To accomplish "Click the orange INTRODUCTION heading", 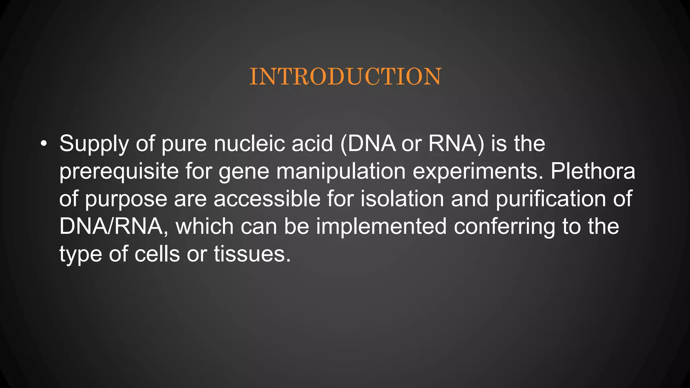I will click(345, 77).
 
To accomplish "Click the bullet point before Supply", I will click(43, 144).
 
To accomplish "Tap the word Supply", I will click(94, 144).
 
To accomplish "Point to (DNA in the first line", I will click(368, 143).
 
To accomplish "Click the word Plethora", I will click(593, 171).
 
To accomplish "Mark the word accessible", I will click(267, 199).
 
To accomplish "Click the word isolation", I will click(402, 199).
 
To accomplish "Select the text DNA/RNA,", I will click(114, 226).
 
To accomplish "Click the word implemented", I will click(381, 226).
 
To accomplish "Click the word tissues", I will click(252, 254).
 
